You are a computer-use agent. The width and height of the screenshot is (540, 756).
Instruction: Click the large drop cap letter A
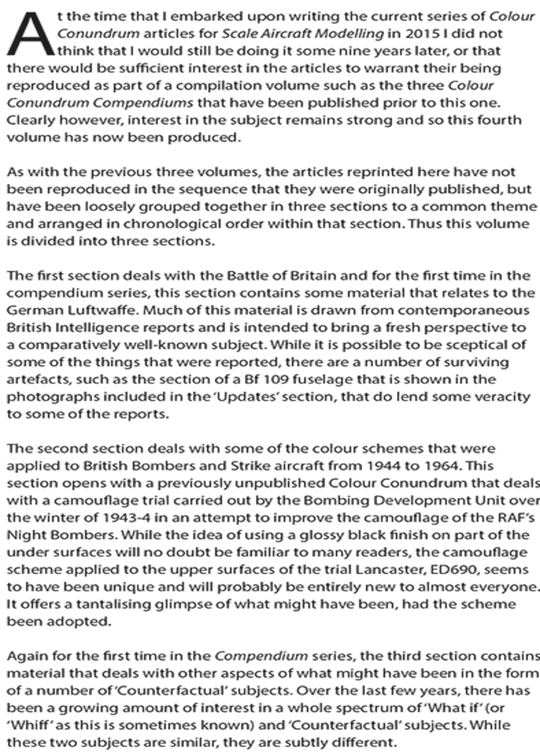[30, 34]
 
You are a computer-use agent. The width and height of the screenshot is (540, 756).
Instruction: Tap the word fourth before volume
[506, 120]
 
